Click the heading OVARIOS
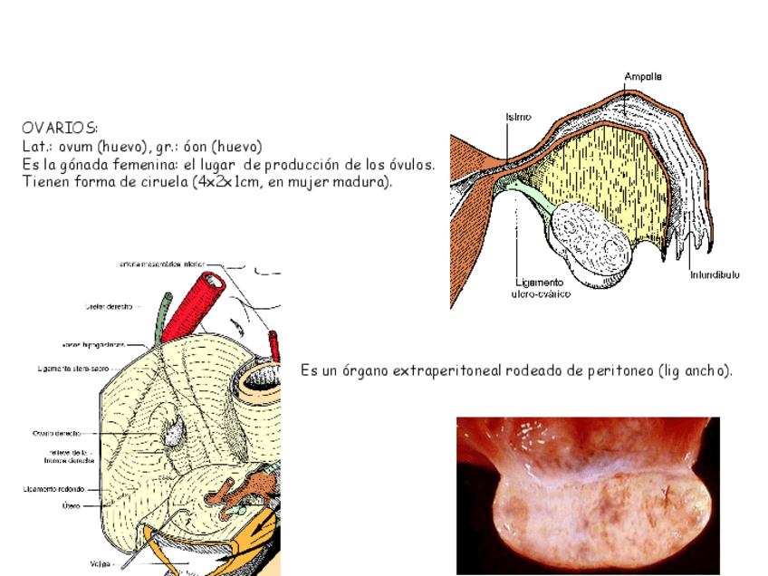coord(60,129)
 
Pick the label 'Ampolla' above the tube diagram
coord(642,77)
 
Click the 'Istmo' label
coord(518,117)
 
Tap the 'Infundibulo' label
coord(715,274)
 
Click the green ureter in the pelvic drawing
coord(163,317)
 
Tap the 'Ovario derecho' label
coord(56,433)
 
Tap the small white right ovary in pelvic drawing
coord(172,432)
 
